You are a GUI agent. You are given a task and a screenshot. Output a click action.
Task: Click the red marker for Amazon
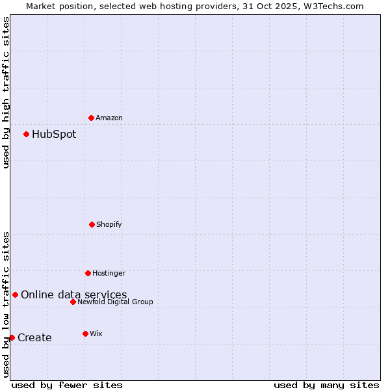[x=91, y=118]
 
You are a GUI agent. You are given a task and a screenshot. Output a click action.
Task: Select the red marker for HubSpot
[x=26, y=135]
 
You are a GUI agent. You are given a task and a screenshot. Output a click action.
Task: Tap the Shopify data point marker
[x=92, y=224]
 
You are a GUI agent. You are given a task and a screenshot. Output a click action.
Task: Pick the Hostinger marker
[x=88, y=273]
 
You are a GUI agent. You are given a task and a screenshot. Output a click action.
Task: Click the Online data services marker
[x=15, y=294]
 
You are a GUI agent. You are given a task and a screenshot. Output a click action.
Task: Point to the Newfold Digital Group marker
[x=73, y=302]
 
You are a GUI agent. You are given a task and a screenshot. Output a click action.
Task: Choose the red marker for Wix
[x=85, y=333]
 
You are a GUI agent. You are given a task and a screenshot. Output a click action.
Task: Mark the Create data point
[x=12, y=337]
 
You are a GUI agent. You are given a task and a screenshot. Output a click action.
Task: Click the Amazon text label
[x=109, y=118]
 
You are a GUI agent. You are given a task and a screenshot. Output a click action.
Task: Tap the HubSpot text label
[x=54, y=135]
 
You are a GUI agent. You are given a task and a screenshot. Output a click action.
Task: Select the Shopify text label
[x=109, y=224]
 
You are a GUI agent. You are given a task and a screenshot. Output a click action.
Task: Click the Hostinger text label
[x=109, y=273]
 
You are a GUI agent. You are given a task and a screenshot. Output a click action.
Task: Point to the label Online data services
[x=73, y=294]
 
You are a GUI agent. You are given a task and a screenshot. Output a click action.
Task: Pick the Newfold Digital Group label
[x=115, y=302]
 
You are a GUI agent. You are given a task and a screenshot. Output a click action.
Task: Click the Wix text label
[x=96, y=333]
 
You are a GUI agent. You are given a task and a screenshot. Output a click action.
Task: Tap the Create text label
[x=34, y=337]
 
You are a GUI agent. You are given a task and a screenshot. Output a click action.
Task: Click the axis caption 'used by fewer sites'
[x=67, y=385]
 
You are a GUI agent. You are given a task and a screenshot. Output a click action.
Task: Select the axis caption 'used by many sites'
[x=326, y=385]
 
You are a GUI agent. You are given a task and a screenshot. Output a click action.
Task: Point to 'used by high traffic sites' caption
[x=6, y=92]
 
